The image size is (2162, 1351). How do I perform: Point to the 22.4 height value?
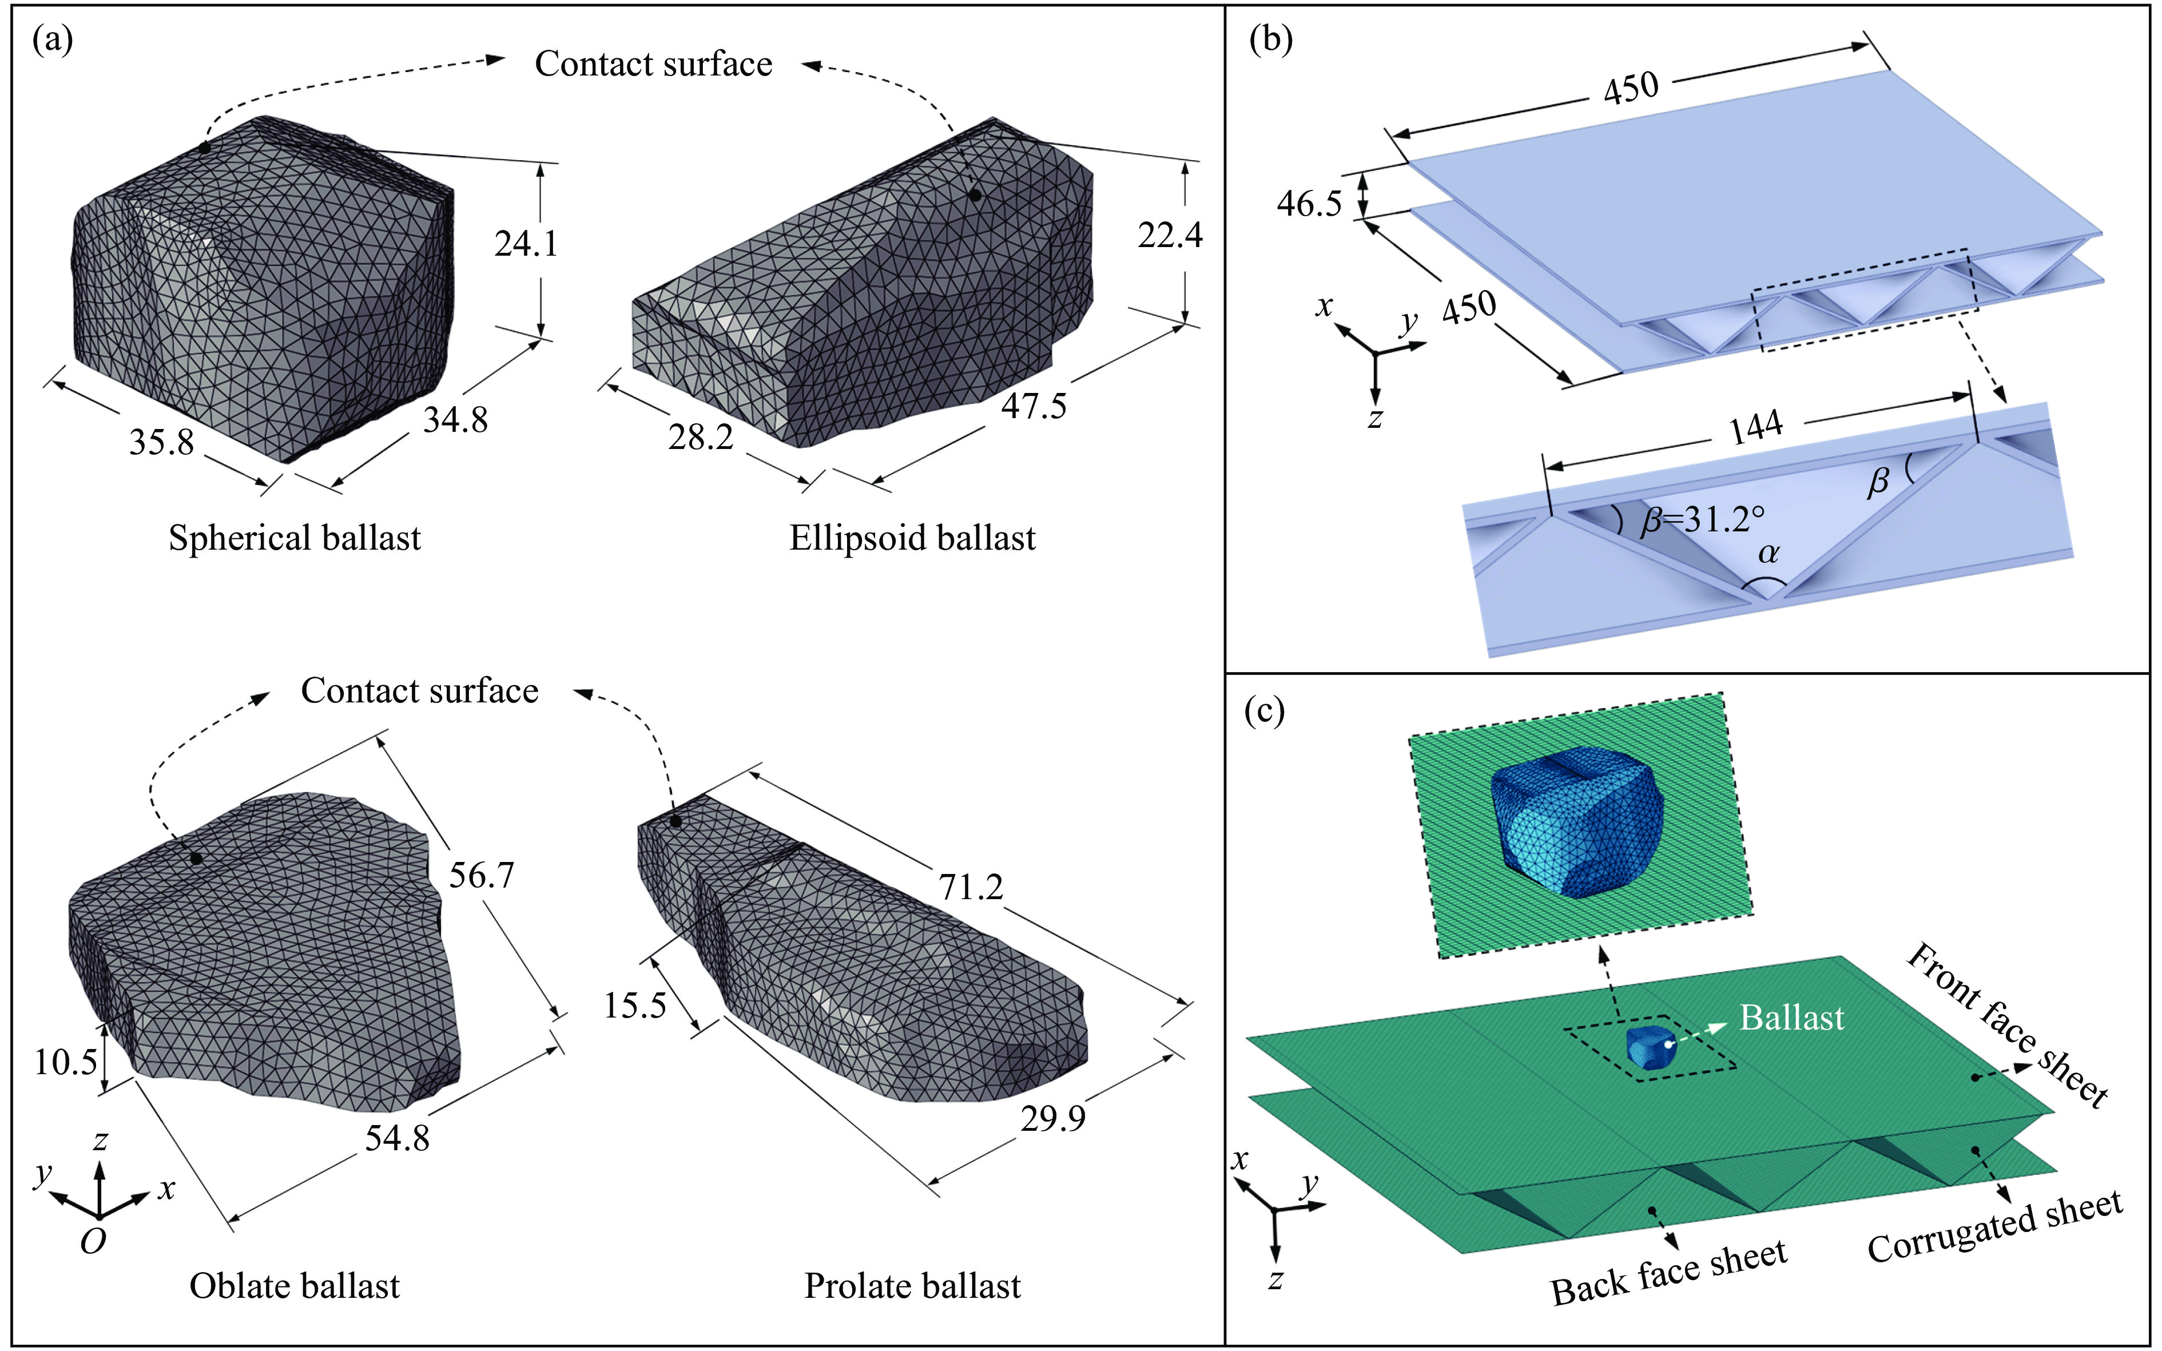pyautogui.click(x=1170, y=235)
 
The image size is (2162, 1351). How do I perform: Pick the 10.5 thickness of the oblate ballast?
pyautogui.click(x=65, y=1062)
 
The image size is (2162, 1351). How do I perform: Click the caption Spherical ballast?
pyautogui.click(x=294, y=538)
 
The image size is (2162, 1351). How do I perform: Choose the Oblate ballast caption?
pyautogui.click(x=294, y=1286)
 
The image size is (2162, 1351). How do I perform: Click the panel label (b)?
pyautogui.click(x=1270, y=40)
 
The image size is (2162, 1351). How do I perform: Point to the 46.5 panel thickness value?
pyautogui.click(x=1309, y=204)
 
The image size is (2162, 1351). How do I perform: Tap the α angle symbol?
pyautogui.click(x=1768, y=554)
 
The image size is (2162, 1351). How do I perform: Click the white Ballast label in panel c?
pyautogui.click(x=1791, y=1018)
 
